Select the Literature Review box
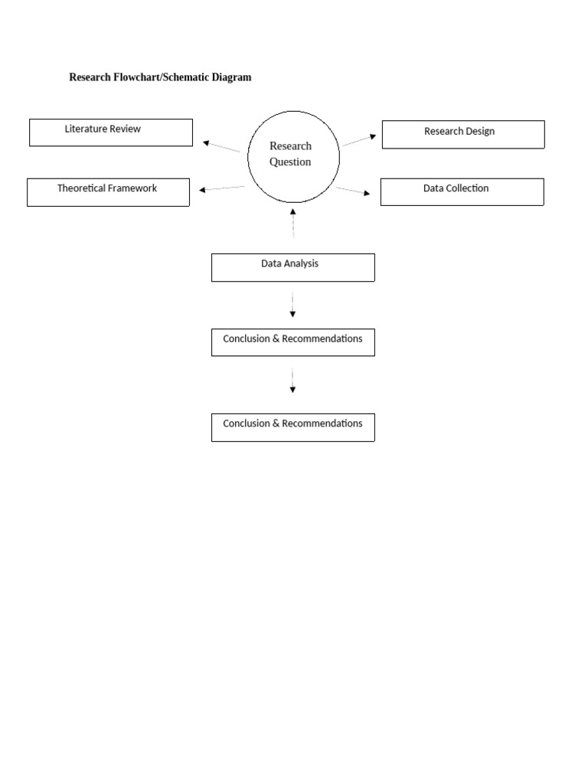111,132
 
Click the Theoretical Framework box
108,192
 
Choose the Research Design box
463,134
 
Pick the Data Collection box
462,191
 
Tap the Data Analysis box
292,267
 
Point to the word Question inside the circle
290,162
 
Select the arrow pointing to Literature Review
221,146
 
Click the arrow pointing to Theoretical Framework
222,188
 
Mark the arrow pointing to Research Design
359,140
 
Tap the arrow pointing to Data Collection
353,191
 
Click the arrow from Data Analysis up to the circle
292,223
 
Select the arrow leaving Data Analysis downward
292,303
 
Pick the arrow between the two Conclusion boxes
292,381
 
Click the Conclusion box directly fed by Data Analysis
292,342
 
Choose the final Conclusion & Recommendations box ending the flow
292,427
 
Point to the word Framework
132,188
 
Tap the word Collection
467,188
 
